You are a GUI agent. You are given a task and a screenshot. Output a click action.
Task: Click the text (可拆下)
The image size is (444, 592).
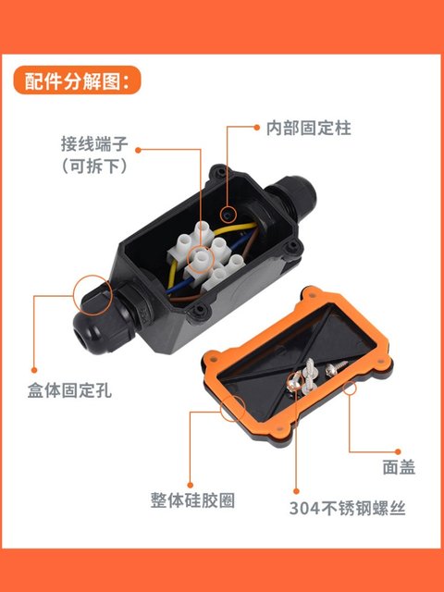[99, 167]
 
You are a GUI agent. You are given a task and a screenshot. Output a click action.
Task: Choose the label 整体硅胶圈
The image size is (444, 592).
[191, 500]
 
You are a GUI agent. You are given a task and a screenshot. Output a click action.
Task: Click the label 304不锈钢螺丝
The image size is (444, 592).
[347, 508]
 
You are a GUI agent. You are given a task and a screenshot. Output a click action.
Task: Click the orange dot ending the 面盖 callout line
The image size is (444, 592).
[350, 389]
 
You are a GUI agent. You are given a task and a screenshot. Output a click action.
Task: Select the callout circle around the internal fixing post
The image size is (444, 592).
[228, 216]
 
